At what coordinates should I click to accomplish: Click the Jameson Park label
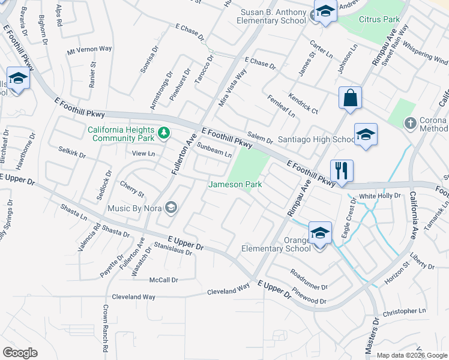[x=235, y=185]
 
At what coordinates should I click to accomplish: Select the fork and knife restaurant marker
[x=342, y=170]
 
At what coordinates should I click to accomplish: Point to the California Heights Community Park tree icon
[x=163, y=131]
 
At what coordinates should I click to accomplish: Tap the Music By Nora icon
[x=171, y=208]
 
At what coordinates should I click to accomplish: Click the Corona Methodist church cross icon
[x=410, y=123]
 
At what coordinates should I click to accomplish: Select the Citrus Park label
[x=379, y=19]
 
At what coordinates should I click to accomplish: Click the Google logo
[x=20, y=353]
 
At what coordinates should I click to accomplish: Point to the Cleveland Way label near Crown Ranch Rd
[x=133, y=297]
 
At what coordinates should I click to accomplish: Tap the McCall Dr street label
[x=163, y=280]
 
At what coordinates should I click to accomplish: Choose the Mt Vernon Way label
[x=89, y=50]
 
